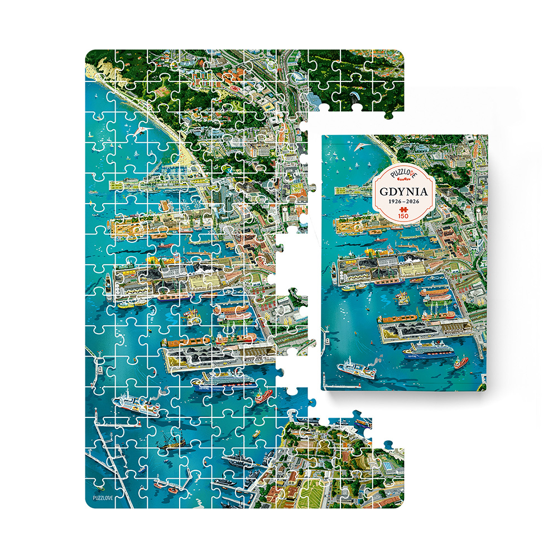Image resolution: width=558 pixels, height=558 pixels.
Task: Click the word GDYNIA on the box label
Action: (402, 191)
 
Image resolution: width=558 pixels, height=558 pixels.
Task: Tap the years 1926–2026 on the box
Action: (402, 201)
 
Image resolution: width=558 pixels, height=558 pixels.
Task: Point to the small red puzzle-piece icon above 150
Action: (402, 209)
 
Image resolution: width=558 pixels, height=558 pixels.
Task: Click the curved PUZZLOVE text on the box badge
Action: (402, 174)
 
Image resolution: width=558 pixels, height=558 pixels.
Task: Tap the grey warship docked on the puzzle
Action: (240, 461)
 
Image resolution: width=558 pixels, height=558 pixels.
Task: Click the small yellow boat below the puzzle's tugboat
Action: (256, 432)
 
